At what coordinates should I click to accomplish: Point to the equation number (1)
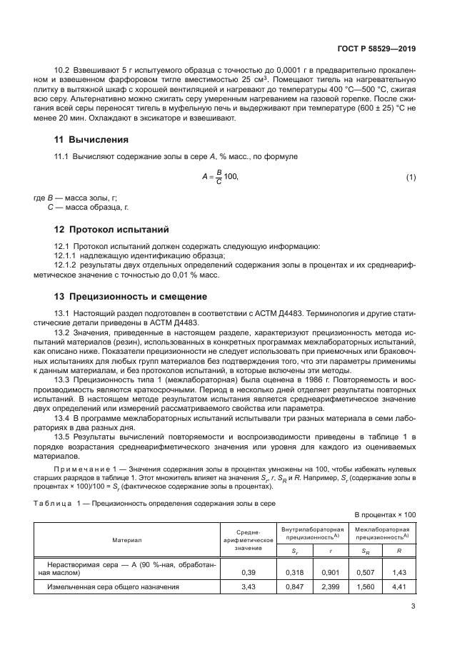coord(411,177)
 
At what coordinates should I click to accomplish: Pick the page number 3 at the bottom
coord(413,607)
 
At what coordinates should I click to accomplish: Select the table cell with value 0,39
coord(250,571)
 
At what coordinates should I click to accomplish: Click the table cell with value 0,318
coord(295,571)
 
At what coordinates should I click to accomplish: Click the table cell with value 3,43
coord(250,586)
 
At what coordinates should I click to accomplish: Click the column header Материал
coord(126,541)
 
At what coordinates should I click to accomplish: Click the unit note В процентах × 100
coord(385,514)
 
